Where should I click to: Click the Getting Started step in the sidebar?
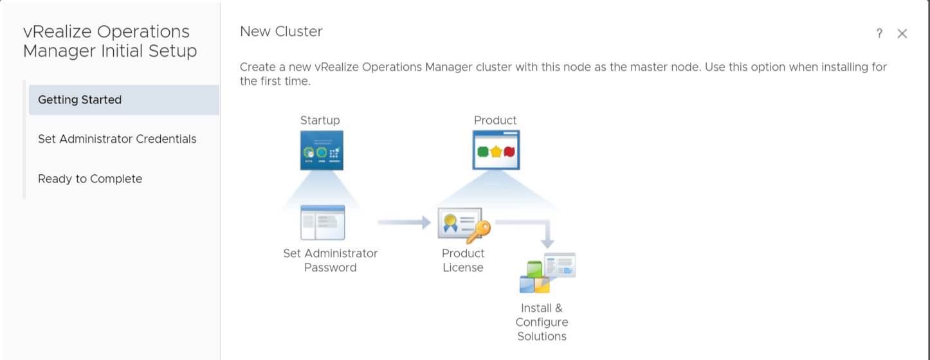point(80,100)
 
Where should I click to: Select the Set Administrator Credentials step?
point(117,139)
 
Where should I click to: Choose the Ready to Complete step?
point(90,179)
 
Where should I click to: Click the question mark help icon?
point(879,34)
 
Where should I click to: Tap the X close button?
point(902,34)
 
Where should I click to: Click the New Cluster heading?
point(281,32)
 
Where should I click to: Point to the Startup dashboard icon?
point(322,150)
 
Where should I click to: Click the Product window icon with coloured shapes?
point(496,150)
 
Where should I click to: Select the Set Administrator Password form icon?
point(322,222)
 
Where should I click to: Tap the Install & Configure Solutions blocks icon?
point(547,273)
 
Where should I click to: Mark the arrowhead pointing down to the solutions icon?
point(547,243)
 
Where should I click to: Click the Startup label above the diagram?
point(320,120)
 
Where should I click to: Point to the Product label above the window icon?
point(495,120)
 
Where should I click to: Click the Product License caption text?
point(463,260)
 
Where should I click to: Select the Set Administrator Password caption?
point(331,260)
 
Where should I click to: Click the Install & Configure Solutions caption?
point(542,322)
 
